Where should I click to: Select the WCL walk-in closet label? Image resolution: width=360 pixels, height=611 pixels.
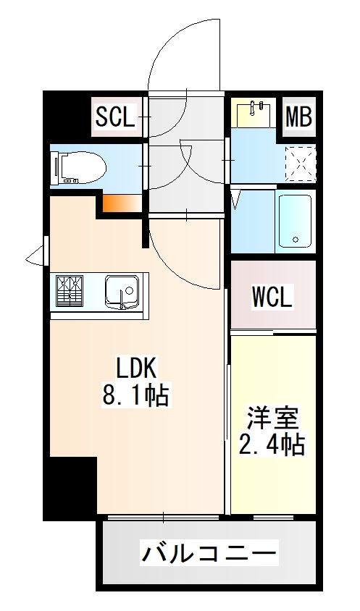pos(272,298)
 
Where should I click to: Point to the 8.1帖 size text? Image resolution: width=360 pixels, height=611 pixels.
pos(135,395)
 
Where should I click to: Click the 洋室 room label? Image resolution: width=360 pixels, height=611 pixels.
pos(272,418)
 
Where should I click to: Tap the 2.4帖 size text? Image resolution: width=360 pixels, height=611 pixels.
pos(272,444)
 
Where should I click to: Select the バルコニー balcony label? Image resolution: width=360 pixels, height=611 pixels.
pos(209,553)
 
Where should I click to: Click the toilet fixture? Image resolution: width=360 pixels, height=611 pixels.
pos(79,167)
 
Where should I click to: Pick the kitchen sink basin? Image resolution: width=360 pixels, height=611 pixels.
pos(122,292)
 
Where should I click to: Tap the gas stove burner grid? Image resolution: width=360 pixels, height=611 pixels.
pos(70,291)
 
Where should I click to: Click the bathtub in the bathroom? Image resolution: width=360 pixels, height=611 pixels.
pos(296,222)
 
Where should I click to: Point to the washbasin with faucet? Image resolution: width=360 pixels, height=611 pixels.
pos(253,112)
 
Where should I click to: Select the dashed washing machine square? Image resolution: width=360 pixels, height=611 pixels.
pos(300,164)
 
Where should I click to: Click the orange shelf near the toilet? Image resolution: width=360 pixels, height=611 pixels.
pos(122,203)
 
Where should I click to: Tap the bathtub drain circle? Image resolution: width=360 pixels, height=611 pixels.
pos(296,240)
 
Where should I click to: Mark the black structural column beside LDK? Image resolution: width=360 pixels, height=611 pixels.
pos(70,488)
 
